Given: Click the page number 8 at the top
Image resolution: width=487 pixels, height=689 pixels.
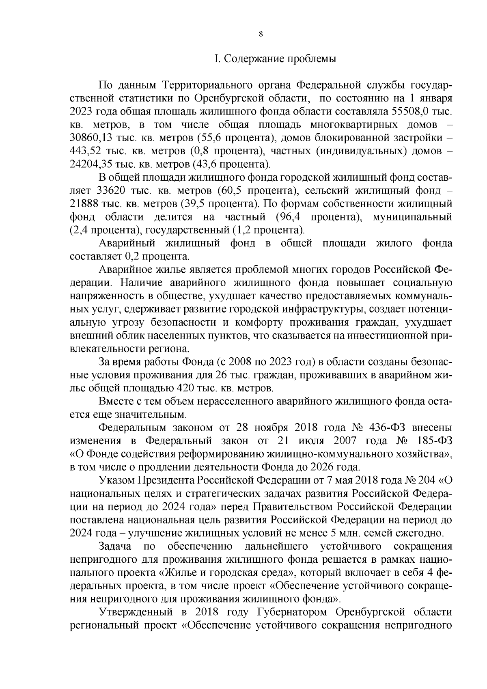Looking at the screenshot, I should pos(261,35).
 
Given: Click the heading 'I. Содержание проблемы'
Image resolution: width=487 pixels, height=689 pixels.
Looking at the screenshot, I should pos(275,59).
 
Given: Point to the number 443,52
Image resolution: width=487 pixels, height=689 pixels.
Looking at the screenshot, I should pos(84,151).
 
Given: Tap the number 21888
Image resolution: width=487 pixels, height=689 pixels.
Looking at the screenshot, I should pos(84,204).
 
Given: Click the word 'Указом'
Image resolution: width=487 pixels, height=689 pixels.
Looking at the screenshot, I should pos(116,480).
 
